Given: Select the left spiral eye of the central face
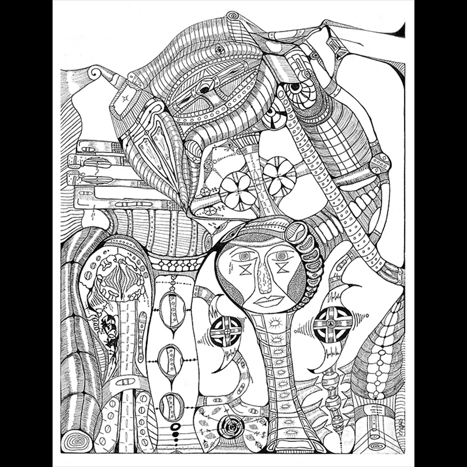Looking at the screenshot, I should pos(243,256).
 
